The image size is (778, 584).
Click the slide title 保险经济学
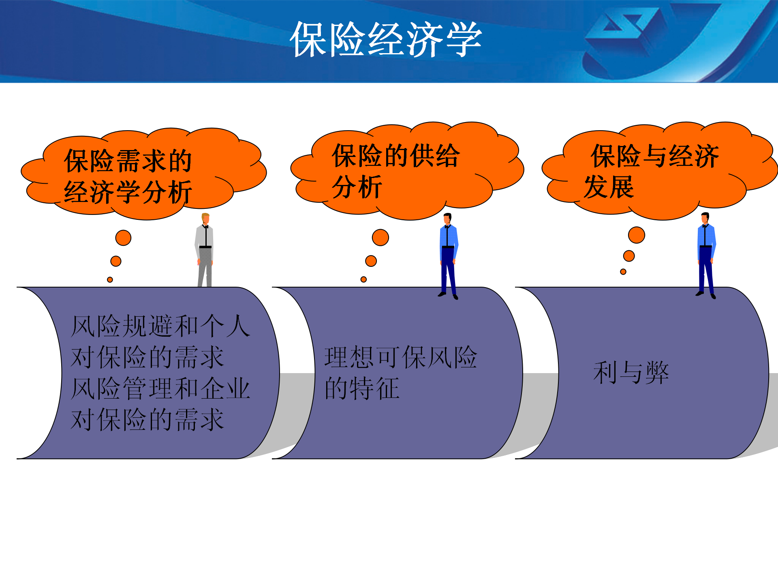click(386, 39)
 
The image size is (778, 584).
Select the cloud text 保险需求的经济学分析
click(128, 176)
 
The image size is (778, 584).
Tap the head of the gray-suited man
click(205, 218)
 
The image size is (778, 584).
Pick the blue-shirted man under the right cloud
click(706, 256)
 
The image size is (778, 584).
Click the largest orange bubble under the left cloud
click(123, 238)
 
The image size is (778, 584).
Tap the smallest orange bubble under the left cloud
click(110, 280)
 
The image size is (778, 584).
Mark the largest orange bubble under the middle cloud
click(380, 237)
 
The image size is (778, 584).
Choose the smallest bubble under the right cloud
click(623, 272)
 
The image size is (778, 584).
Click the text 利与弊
click(631, 373)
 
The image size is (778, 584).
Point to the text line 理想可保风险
click(401, 357)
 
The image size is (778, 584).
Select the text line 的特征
click(362, 389)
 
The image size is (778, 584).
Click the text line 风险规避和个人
click(160, 326)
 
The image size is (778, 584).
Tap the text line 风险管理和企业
click(160, 389)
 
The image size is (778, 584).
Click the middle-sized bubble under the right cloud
click(629, 256)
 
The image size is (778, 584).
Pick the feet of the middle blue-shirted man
click(448, 296)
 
